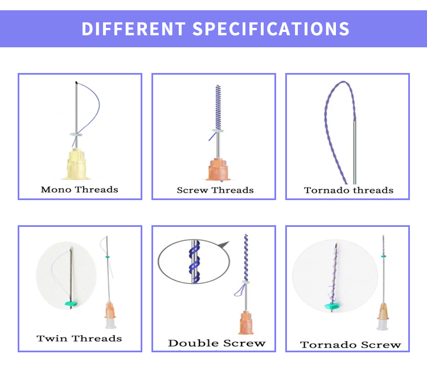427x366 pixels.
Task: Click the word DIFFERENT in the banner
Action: tap(133, 29)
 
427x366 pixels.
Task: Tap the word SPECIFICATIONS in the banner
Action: tap(271, 29)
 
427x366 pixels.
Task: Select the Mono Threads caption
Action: tap(80, 189)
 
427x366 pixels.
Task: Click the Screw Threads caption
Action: tap(215, 190)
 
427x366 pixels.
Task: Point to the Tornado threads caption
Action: tap(348, 190)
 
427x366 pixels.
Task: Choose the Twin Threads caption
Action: tap(79, 339)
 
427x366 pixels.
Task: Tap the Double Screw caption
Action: tap(217, 343)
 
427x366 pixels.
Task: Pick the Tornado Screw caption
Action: tap(351, 345)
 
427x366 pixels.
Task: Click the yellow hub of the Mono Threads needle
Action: tap(76, 164)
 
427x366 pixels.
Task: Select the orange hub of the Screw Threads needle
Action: tap(217, 170)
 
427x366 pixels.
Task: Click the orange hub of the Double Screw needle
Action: tap(246, 323)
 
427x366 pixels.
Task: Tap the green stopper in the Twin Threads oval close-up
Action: tap(71, 303)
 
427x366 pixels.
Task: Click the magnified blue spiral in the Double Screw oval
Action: tap(195, 262)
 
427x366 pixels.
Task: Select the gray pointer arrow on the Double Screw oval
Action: tap(224, 245)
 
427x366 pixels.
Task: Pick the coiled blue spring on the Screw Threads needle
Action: tap(218, 107)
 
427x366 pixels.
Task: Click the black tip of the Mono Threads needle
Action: tap(76, 82)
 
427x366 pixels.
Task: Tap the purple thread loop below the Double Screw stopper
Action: tap(240, 290)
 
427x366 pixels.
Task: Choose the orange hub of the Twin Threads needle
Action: tap(110, 310)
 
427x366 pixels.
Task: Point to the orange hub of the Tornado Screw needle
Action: tap(383, 311)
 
